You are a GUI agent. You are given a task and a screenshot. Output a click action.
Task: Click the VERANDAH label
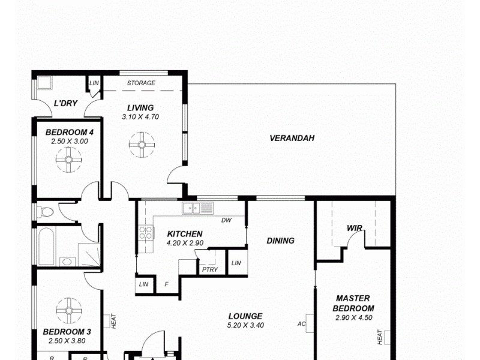[292, 138]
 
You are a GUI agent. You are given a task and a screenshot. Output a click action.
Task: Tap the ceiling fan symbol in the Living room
[142, 145]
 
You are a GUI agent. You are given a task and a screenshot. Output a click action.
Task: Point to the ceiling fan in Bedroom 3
[68, 310]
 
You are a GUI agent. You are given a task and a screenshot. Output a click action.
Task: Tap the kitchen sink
[198, 208]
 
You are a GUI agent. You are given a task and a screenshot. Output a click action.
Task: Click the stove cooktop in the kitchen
[146, 233]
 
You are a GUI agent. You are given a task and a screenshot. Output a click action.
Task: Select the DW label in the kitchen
[226, 220]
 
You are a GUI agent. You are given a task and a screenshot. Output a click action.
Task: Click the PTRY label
[209, 269]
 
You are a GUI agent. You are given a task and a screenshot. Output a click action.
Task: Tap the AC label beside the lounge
[302, 324]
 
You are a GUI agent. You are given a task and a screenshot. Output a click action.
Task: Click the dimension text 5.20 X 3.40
[245, 325]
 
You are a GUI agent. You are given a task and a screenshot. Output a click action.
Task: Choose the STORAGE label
[141, 83]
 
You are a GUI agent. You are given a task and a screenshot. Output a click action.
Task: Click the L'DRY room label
[65, 103]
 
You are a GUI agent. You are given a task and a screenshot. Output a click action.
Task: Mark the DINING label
[280, 241]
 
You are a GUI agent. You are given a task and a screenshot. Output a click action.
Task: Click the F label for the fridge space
[166, 284]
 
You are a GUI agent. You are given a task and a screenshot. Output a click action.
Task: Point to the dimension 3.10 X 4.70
[140, 117]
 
